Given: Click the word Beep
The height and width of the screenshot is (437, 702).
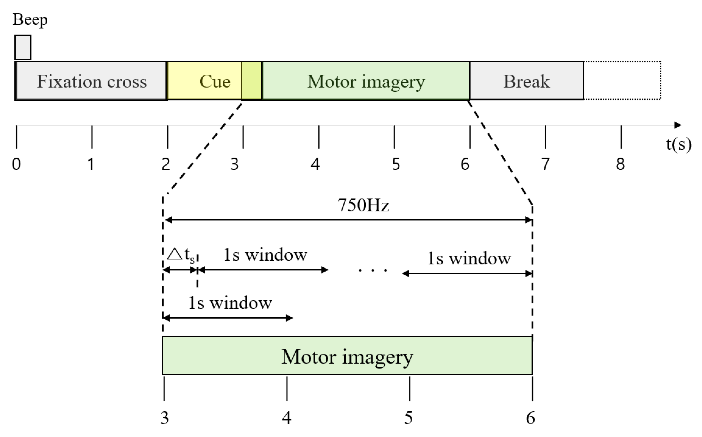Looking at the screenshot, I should point(30,20).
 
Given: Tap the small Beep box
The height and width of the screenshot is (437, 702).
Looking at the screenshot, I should point(23,47).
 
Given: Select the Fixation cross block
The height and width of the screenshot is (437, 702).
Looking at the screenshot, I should point(91,81).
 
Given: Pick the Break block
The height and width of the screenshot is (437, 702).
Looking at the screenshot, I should point(526,81).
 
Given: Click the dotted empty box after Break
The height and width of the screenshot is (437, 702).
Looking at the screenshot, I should point(622,80).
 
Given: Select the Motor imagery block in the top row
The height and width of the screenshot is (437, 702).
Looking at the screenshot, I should point(366,81).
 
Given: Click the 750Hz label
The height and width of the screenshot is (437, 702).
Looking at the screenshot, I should point(363,205).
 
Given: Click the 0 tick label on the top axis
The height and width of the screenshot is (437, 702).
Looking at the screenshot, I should point(16,164).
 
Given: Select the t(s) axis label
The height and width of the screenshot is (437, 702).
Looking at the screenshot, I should point(679,144).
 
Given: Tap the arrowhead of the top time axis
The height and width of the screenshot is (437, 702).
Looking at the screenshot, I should point(678,125).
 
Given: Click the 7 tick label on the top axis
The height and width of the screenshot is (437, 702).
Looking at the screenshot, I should point(545,164).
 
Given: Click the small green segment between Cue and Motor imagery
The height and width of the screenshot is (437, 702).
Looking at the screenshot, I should point(252,81).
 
